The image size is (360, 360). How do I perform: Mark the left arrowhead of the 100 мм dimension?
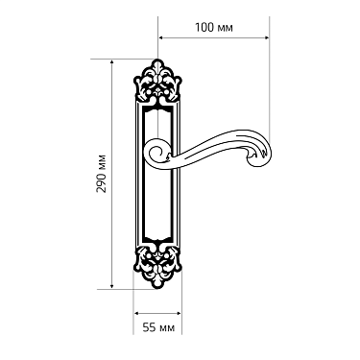pyautogui.click(x=160, y=37)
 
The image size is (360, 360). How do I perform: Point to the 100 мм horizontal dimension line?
pyautogui.click(x=214, y=37)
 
